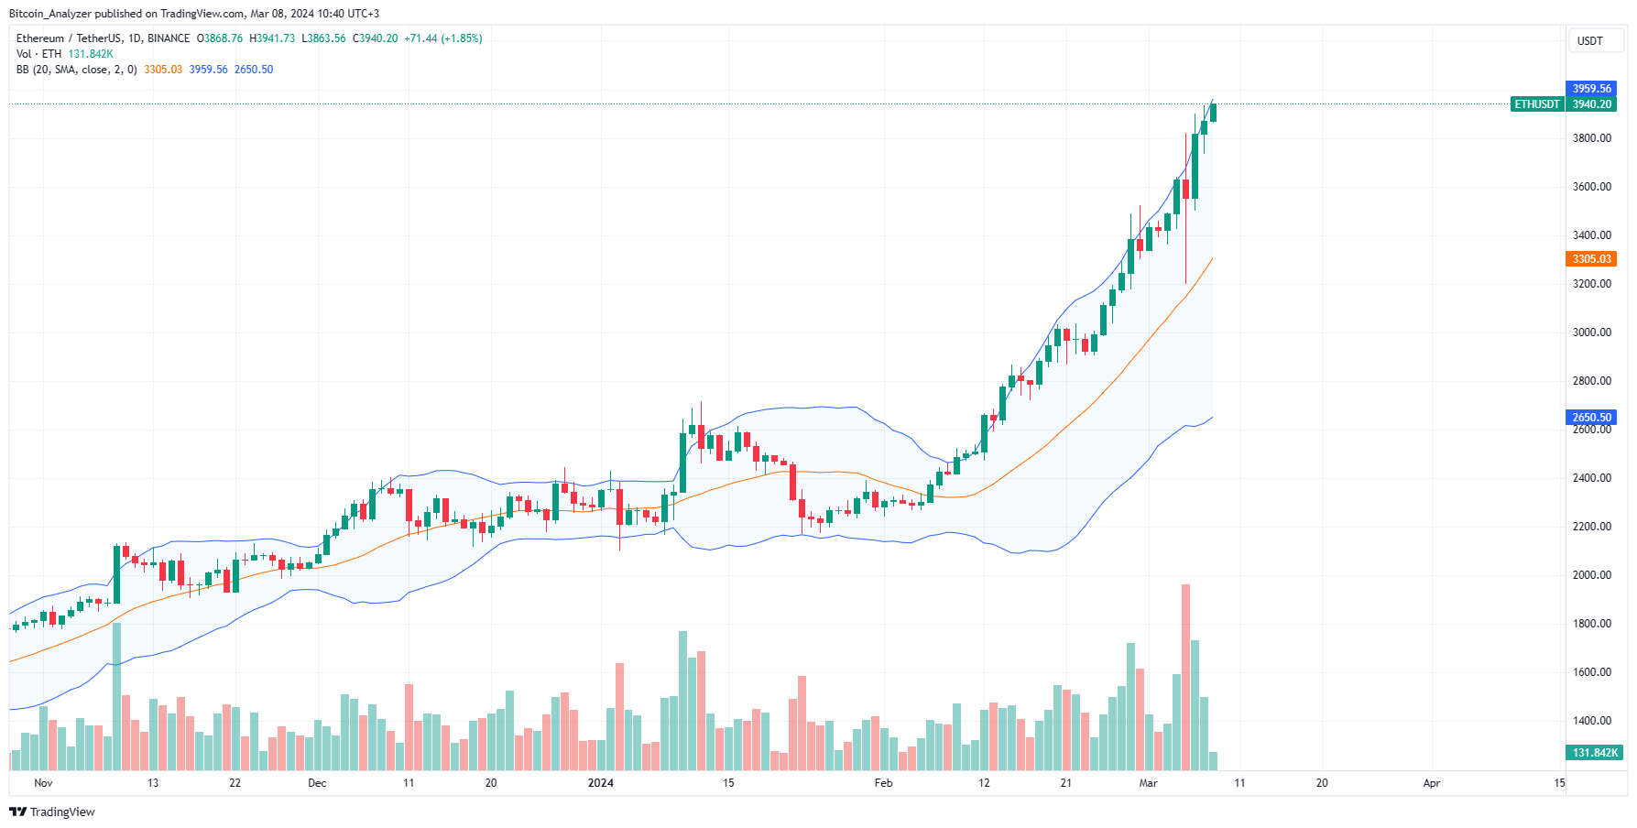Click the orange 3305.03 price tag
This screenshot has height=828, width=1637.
point(1591,259)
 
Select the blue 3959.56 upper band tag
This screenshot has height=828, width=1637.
point(1591,89)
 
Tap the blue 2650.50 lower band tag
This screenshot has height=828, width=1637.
point(1591,418)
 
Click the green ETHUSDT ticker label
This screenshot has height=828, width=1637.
point(1536,104)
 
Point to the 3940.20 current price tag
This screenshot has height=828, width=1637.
point(1591,104)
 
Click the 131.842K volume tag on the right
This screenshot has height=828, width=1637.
point(1594,753)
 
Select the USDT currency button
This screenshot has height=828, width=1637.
point(1590,41)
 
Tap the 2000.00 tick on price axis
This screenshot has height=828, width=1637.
point(1591,575)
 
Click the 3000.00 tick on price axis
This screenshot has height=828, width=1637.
point(1591,332)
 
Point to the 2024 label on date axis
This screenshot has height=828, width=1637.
point(600,783)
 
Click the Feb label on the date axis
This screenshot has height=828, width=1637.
point(883,783)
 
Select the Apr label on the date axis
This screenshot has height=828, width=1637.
point(1431,783)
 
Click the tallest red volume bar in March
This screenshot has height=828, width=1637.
point(1185,678)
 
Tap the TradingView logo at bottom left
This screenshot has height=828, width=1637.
point(52,812)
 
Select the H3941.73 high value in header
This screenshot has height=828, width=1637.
point(272,38)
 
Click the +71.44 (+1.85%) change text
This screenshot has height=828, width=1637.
point(442,38)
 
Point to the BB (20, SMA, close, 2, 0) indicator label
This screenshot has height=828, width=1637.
point(76,70)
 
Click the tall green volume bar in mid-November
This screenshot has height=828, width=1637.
point(116,696)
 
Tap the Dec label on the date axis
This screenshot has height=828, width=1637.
point(317,783)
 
